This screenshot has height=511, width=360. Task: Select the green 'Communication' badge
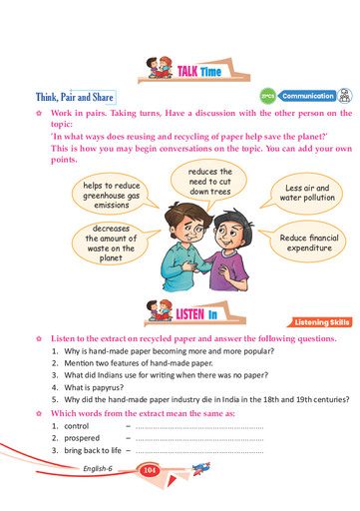307,96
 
